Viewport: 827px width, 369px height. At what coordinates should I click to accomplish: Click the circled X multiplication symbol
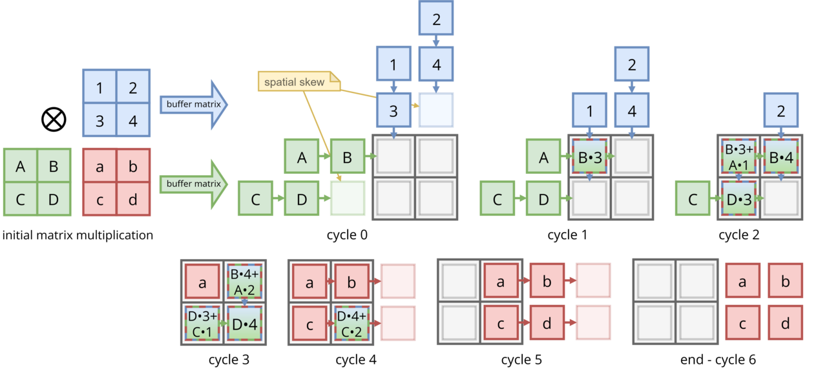(x=54, y=120)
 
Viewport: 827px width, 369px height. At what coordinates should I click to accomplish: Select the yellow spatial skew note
(x=299, y=81)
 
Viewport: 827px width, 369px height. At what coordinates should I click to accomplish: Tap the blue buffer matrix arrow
(x=194, y=105)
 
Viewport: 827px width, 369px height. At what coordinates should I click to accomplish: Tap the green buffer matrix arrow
(x=194, y=184)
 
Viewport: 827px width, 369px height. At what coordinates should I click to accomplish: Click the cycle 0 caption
(x=347, y=235)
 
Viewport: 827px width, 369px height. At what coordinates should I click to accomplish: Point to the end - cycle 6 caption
(x=718, y=359)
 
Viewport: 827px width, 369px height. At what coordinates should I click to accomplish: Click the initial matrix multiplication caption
(x=78, y=235)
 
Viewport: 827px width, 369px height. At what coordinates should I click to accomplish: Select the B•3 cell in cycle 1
(x=590, y=156)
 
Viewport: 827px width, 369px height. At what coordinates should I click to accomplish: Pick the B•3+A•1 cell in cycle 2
(x=738, y=156)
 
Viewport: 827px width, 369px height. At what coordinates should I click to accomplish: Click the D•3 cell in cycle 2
(x=738, y=199)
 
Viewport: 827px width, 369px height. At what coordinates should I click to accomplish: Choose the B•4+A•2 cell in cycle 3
(x=244, y=282)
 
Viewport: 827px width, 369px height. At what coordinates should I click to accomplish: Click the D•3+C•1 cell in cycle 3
(x=202, y=324)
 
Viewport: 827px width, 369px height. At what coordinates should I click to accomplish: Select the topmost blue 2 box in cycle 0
(x=436, y=19)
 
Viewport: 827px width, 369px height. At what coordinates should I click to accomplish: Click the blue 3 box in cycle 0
(x=393, y=110)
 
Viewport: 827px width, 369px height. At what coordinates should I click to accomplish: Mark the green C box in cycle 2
(x=693, y=199)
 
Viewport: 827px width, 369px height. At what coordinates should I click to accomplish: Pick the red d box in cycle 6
(x=785, y=323)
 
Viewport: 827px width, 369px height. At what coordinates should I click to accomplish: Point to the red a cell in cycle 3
(x=202, y=282)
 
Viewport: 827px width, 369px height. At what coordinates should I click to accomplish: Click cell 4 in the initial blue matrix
(x=133, y=120)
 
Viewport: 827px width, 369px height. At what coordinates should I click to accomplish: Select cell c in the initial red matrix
(x=99, y=199)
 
